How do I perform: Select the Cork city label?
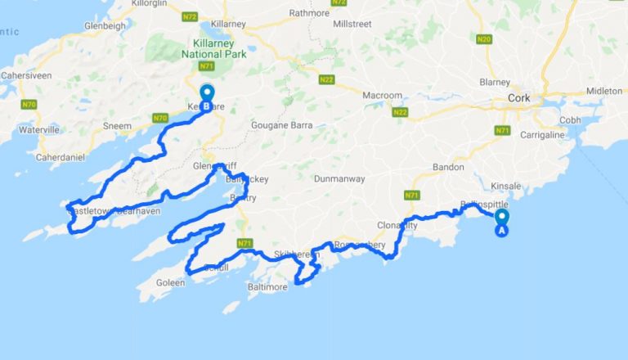pos(518,98)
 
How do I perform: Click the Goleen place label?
pos(168,283)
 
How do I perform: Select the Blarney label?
pos(496,83)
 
